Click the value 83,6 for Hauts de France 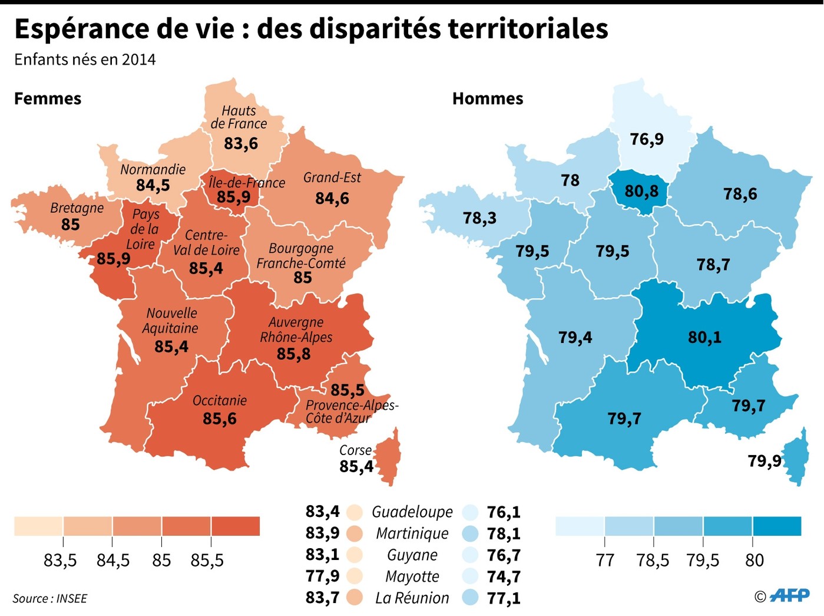coord(241,143)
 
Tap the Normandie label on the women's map coord(153,170)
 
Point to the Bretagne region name coord(77,208)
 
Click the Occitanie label coord(220,401)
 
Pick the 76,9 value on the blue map coord(647,139)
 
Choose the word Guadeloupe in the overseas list coord(412,512)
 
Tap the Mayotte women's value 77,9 coord(322,576)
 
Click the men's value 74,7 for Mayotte coord(504,577)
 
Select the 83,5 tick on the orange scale coord(60,560)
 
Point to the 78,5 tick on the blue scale coord(653,560)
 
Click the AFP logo coord(789,595)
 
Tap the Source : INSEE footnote coord(50,599)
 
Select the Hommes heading coord(488,98)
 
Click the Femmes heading coord(48,98)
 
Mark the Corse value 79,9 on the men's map coord(765,460)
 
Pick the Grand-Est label coord(332,178)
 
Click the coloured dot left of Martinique coord(355,533)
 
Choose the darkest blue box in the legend coord(777,526)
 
